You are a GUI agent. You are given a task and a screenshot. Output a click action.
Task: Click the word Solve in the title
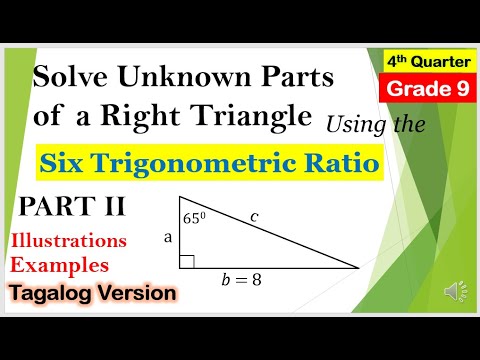[x=71, y=77]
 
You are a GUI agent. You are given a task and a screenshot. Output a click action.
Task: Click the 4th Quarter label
[x=423, y=63]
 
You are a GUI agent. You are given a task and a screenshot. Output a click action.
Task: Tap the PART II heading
[x=73, y=207]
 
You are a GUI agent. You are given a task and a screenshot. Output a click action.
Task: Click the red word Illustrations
[x=69, y=241]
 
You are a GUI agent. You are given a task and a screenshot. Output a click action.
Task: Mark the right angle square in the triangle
[x=187, y=262]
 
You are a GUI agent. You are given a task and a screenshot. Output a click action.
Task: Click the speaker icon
[x=450, y=291]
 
